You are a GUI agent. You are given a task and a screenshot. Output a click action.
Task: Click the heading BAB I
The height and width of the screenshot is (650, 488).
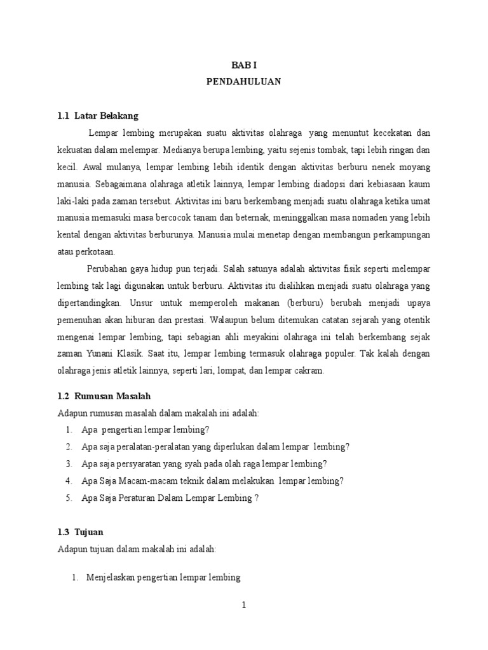pos(243,65)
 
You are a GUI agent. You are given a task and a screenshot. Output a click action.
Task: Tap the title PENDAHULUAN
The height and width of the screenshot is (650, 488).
pos(244,82)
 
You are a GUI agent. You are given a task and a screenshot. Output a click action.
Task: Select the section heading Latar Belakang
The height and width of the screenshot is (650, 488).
pos(106,116)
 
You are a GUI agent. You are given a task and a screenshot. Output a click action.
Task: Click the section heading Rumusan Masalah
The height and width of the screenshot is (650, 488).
pos(112,395)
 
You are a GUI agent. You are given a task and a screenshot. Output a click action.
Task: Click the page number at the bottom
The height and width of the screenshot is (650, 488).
pos(243,605)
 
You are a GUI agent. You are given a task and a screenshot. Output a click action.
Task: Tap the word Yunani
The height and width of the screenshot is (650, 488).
pos(95,354)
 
